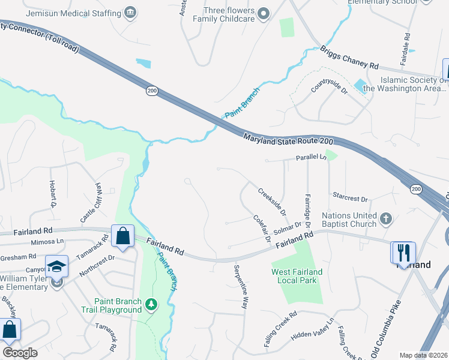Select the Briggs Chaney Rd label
(x=349, y=58)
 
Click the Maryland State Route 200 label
(x=288, y=138)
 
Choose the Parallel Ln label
(x=311, y=157)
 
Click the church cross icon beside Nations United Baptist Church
(x=386, y=218)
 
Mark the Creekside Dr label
(x=272, y=202)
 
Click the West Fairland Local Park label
(x=297, y=276)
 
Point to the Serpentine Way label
(x=240, y=286)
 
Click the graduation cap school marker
(x=56, y=266)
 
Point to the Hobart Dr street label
(x=52, y=194)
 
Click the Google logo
(x=20, y=353)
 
